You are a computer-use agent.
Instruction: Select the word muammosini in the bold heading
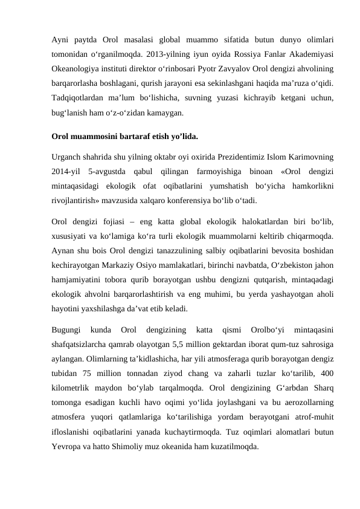tap(92, 135)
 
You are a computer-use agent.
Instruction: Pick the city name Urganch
tap(68, 154)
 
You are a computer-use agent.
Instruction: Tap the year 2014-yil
tap(66, 168)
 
